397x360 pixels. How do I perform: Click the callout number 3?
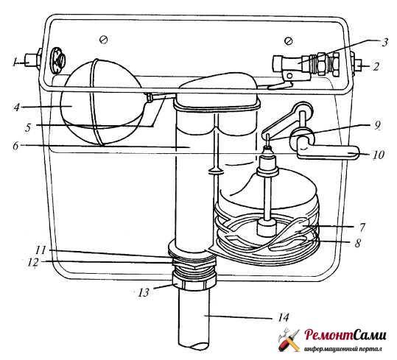[x=384, y=42]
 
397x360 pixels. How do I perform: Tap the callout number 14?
[x=283, y=317]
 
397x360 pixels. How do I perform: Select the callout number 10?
[x=379, y=155]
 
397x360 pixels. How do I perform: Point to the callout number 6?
[x=16, y=146]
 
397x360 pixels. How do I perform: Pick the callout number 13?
[x=144, y=293]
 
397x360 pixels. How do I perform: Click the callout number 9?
[x=378, y=125]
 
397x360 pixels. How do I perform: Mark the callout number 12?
[x=33, y=262]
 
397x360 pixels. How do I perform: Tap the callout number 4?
[x=17, y=107]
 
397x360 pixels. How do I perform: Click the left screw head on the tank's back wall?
[x=104, y=40]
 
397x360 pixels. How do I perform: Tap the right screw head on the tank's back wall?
[x=289, y=40]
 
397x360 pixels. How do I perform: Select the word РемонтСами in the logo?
[x=345, y=336]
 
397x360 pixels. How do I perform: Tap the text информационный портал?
[x=342, y=350]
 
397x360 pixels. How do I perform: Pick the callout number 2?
[x=376, y=66]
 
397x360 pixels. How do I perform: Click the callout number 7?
[x=362, y=227]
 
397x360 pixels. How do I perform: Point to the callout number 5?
[x=28, y=127]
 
